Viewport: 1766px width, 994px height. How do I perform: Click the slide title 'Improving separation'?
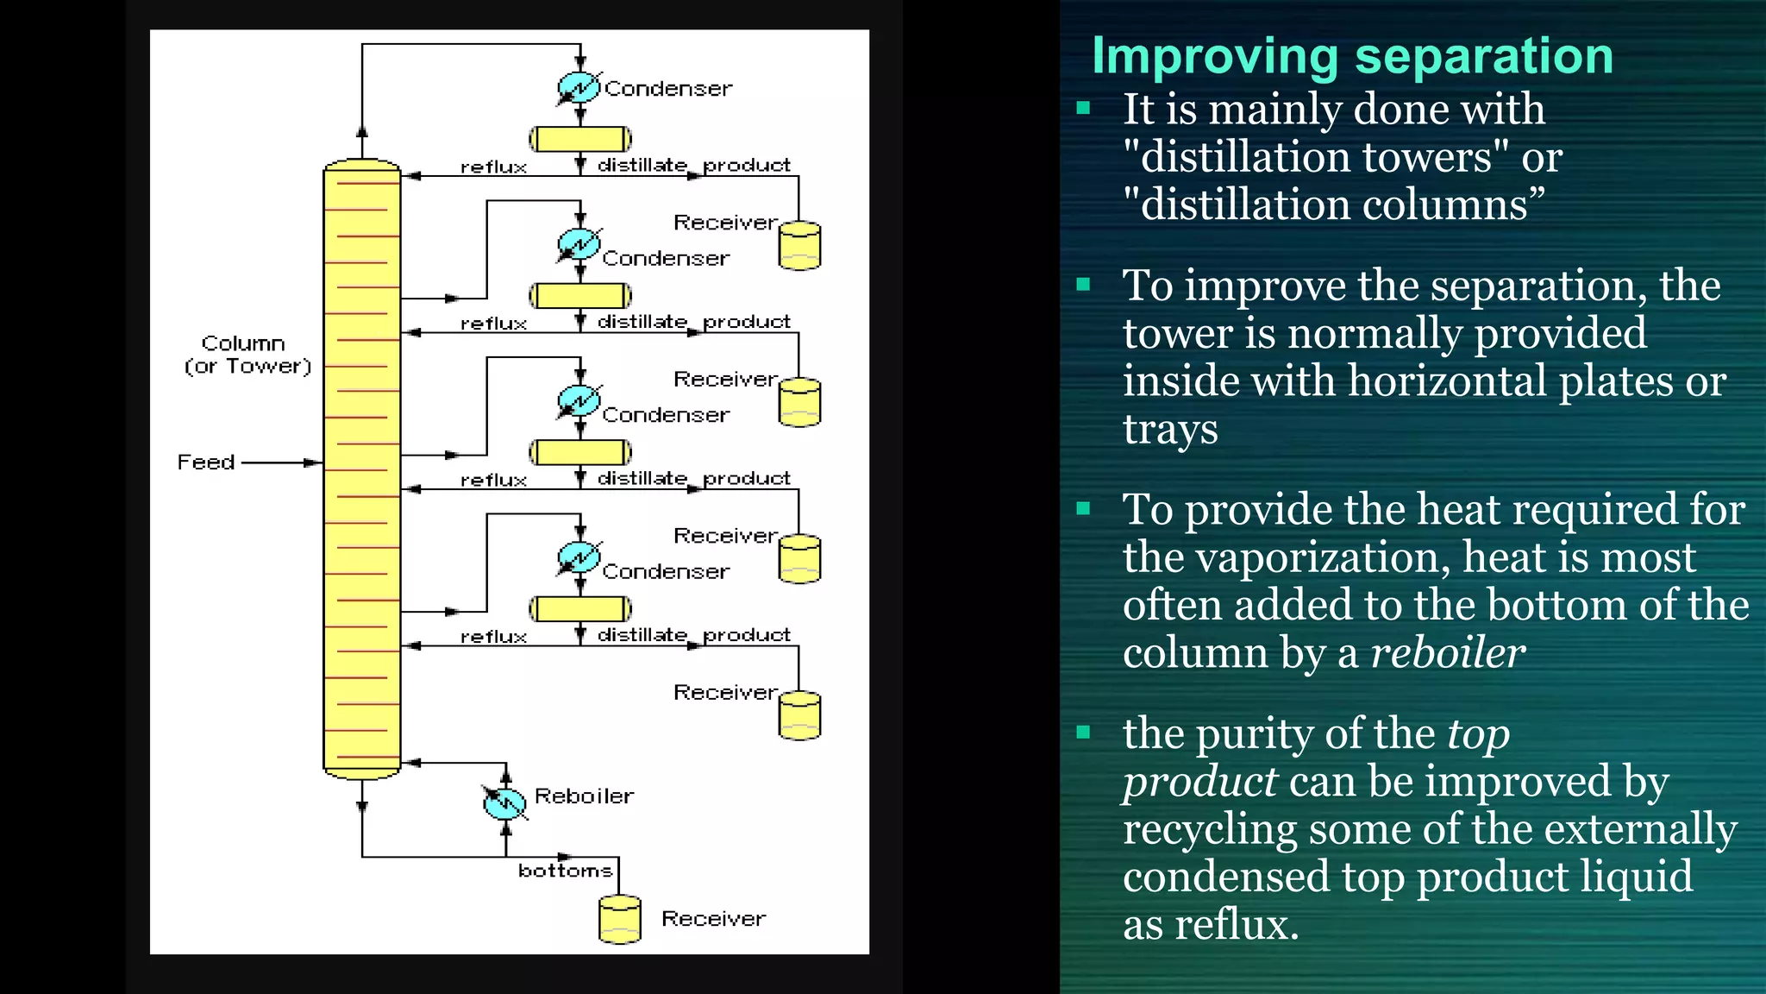click(x=1351, y=56)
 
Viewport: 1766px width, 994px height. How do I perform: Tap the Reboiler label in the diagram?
click(x=584, y=796)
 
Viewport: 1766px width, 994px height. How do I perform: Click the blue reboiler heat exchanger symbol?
click(x=504, y=802)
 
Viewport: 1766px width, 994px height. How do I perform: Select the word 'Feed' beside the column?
click(x=206, y=462)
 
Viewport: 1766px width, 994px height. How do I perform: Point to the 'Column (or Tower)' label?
click(x=247, y=355)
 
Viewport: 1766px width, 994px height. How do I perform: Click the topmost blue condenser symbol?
click(x=579, y=87)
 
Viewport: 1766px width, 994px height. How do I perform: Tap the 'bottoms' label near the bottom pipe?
click(x=565, y=871)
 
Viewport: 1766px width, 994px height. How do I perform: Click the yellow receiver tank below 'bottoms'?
click(x=620, y=919)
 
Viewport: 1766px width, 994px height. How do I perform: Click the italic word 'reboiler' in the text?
click(x=1447, y=653)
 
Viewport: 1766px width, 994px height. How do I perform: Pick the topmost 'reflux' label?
click(x=493, y=167)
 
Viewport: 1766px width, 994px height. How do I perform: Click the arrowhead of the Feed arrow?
click(x=314, y=463)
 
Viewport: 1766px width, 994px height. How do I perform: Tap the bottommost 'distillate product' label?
click(x=693, y=635)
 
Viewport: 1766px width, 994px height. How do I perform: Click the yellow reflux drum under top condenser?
click(x=579, y=139)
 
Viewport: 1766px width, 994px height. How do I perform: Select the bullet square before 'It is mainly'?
click(x=1084, y=109)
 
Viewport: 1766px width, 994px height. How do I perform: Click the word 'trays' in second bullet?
click(x=1170, y=429)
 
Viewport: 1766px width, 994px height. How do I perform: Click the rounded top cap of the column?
click(x=361, y=164)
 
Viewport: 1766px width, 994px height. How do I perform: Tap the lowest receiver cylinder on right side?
click(x=799, y=715)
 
